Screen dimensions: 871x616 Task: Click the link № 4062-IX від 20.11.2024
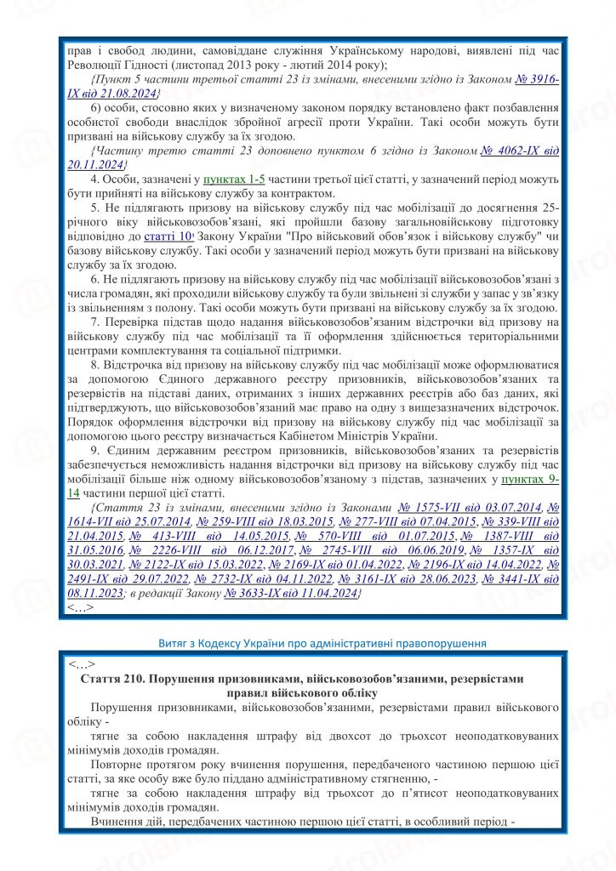(x=519, y=151)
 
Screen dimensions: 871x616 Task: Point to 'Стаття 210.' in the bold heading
(x=115, y=679)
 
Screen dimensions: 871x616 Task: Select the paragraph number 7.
(x=94, y=322)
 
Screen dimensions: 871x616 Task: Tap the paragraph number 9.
(x=94, y=449)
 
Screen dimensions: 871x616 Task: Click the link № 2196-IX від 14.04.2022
(x=471, y=564)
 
